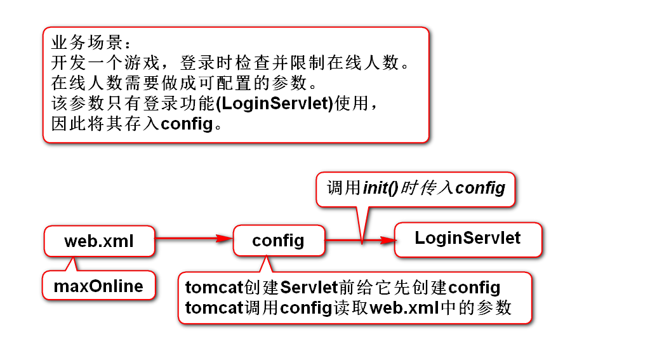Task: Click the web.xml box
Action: pos(99,241)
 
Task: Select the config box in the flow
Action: pos(278,241)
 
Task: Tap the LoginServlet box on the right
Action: pos(468,239)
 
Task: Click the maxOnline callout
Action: pos(98,286)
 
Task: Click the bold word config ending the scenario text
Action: pos(186,123)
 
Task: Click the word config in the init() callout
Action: pos(481,188)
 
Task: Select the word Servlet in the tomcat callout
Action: pos(308,288)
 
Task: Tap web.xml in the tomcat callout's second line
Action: pos(404,308)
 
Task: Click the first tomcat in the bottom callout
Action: pos(215,288)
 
